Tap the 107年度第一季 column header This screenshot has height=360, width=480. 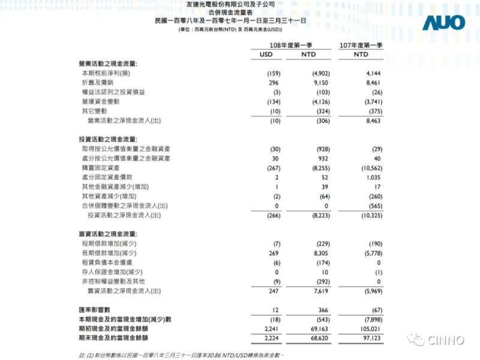[x=361, y=45]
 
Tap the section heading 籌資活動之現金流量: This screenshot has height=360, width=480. [x=108, y=233]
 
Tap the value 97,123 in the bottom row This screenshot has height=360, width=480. [x=373, y=338]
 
